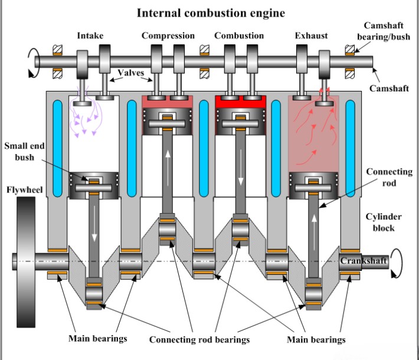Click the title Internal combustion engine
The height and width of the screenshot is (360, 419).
(211, 12)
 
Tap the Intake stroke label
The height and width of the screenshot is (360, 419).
(90, 36)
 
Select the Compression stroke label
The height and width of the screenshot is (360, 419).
(168, 36)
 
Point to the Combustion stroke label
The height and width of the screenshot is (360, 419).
(238, 36)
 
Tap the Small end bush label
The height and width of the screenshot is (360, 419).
(24, 151)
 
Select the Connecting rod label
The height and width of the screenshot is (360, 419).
(389, 177)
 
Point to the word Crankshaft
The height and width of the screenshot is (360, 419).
(362, 260)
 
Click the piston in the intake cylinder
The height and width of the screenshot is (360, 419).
(94, 185)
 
